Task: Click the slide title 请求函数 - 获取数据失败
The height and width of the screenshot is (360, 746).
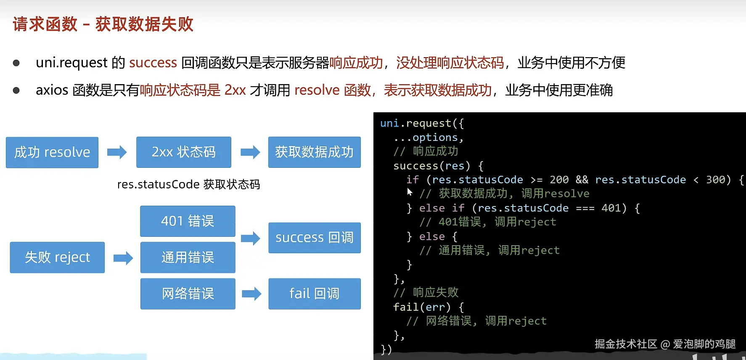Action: (103, 24)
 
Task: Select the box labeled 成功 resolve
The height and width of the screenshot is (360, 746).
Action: (52, 152)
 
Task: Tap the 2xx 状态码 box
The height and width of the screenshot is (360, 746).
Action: (184, 152)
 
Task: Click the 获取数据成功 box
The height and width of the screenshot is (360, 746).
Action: (315, 152)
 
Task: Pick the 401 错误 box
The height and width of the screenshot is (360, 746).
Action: (188, 221)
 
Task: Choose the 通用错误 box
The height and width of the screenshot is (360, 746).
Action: (188, 257)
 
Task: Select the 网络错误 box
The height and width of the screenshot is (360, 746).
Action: (188, 294)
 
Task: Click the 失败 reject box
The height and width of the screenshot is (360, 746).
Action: (57, 257)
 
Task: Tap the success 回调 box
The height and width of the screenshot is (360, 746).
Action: (315, 238)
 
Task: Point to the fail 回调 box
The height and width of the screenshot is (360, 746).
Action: (315, 294)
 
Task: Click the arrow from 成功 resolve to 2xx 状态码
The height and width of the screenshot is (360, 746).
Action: (117, 152)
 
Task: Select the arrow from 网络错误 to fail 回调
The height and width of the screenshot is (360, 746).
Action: (251, 294)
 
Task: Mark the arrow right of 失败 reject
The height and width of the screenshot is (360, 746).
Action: (123, 258)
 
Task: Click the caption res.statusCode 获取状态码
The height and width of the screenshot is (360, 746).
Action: (188, 185)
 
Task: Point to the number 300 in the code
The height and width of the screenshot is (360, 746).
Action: (715, 180)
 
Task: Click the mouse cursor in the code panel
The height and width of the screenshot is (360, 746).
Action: (410, 192)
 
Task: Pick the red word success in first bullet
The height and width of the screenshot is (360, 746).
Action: (153, 63)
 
